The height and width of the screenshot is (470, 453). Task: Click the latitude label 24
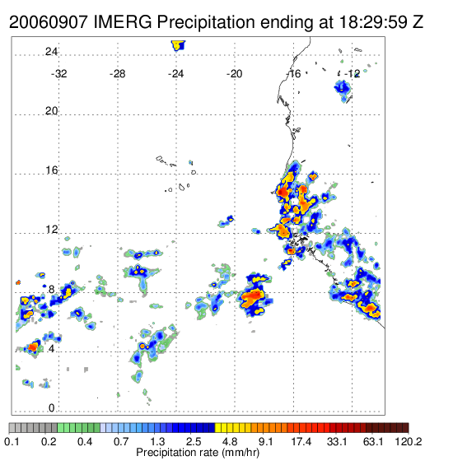pyautogui.click(x=51, y=52)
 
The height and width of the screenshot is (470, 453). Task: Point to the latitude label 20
pyautogui.click(x=51, y=111)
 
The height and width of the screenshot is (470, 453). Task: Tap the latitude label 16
pyautogui.click(x=51, y=170)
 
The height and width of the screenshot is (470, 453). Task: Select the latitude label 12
pyautogui.click(x=51, y=230)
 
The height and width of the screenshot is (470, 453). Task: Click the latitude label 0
pyautogui.click(x=52, y=408)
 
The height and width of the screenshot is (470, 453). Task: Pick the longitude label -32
pyautogui.click(x=59, y=74)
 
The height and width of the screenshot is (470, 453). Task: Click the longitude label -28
pyautogui.click(x=117, y=74)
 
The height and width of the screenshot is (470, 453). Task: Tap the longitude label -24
pyautogui.click(x=175, y=74)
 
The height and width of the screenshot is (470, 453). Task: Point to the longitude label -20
pyautogui.click(x=234, y=74)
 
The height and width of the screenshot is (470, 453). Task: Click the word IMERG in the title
pyautogui.click(x=123, y=22)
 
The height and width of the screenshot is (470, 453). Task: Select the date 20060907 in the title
pyautogui.click(x=49, y=22)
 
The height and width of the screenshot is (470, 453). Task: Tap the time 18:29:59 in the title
pyautogui.click(x=373, y=22)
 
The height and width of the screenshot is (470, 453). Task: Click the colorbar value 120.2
pyautogui.click(x=409, y=441)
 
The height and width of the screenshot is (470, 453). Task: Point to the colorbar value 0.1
pyautogui.click(x=12, y=441)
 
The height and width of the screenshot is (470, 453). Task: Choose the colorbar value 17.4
pyautogui.click(x=301, y=441)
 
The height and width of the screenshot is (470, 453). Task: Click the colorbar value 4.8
pyautogui.click(x=230, y=441)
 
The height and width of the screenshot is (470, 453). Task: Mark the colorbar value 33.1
pyautogui.click(x=337, y=441)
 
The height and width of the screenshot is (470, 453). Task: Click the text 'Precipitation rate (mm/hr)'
pyautogui.click(x=198, y=453)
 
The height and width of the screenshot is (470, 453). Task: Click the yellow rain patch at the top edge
pyautogui.click(x=178, y=45)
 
